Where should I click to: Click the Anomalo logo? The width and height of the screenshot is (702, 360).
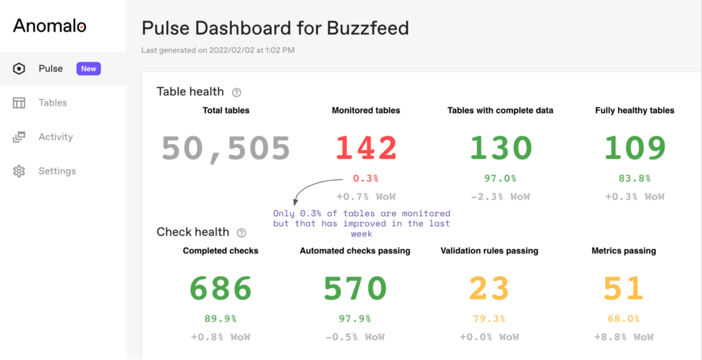pyautogui.click(x=50, y=26)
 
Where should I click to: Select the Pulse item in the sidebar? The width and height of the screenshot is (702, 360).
pyautogui.click(x=51, y=69)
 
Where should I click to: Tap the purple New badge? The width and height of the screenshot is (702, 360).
pyautogui.click(x=89, y=69)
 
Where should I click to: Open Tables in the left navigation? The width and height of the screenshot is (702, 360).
pyautogui.click(x=53, y=103)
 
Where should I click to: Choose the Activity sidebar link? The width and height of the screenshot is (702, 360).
pyautogui.click(x=56, y=137)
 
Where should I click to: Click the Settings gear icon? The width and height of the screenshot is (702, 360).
pyautogui.click(x=19, y=171)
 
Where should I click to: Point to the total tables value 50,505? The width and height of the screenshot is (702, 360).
pyautogui.click(x=226, y=148)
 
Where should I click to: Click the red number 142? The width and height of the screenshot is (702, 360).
pyautogui.click(x=366, y=148)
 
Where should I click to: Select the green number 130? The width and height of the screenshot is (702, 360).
pyautogui.click(x=500, y=148)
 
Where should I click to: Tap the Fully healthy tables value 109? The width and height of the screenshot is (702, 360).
pyautogui.click(x=635, y=148)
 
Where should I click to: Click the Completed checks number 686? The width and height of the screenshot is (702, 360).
pyautogui.click(x=221, y=289)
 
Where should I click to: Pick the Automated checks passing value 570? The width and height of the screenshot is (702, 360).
pyautogui.click(x=355, y=289)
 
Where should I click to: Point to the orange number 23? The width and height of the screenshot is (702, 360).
pyautogui.click(x=489, y=289)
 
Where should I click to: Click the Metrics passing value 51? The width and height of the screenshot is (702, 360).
pyautogui.click(x=624, y=289)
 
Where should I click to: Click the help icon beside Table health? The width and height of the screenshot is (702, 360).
pyautogui.click(x=237, y=92)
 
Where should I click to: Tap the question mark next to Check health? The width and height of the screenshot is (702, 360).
pyautogui.click(x=241, y=233)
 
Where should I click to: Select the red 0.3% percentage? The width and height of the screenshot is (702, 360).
pyautogui.click(x=366, y=178)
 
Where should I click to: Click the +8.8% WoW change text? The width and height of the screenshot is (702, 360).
pyautogui.click(x=624, y=337)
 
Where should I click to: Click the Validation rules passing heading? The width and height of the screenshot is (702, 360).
pyautogui.click(x=489, y=251)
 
